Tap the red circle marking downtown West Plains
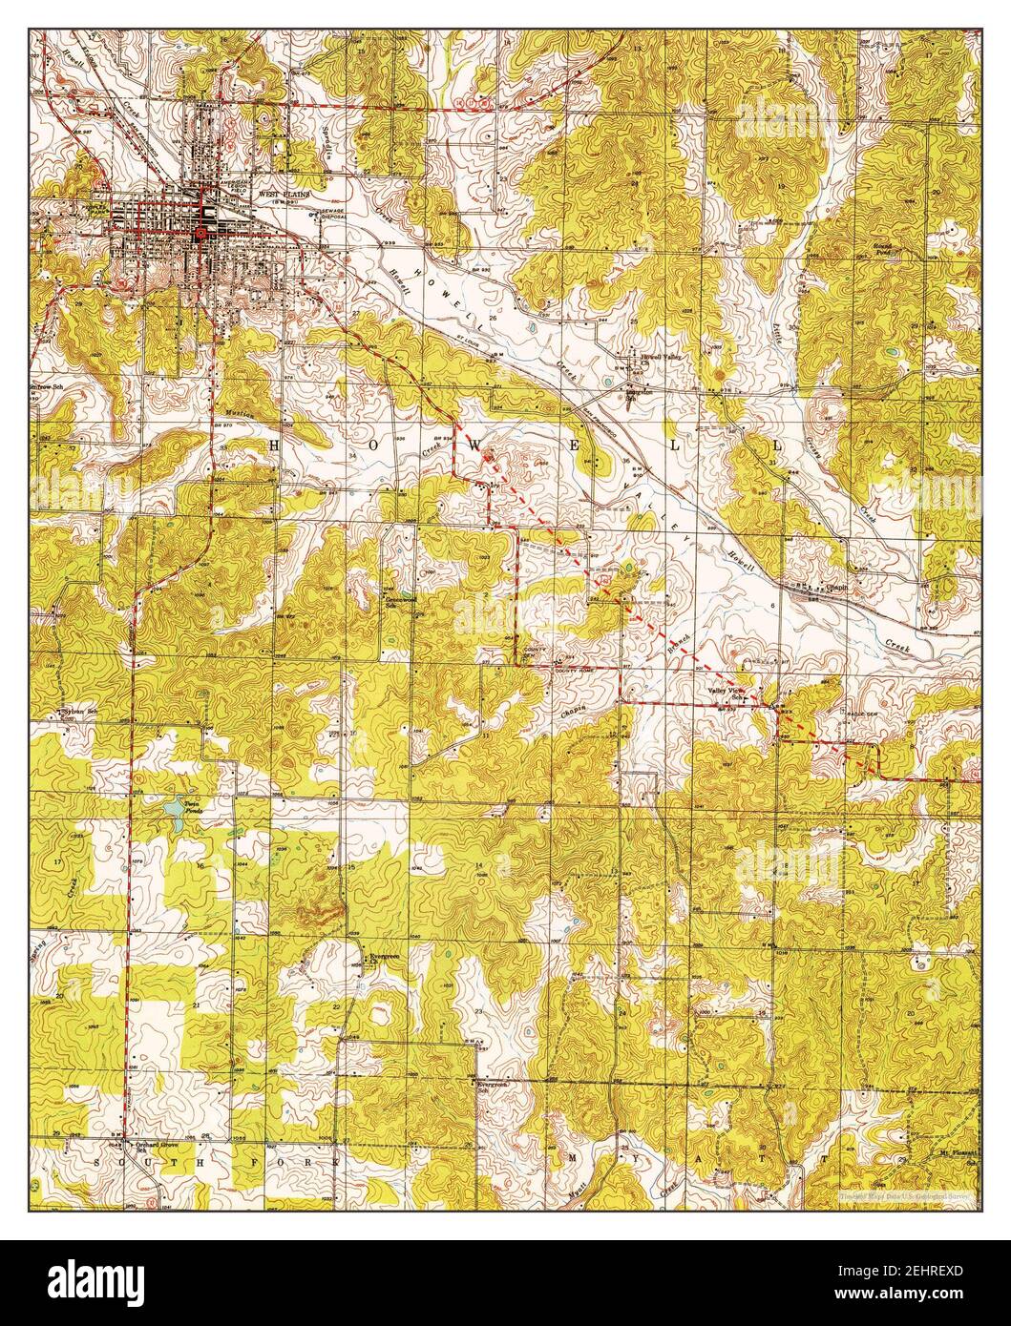pos(200,232)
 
